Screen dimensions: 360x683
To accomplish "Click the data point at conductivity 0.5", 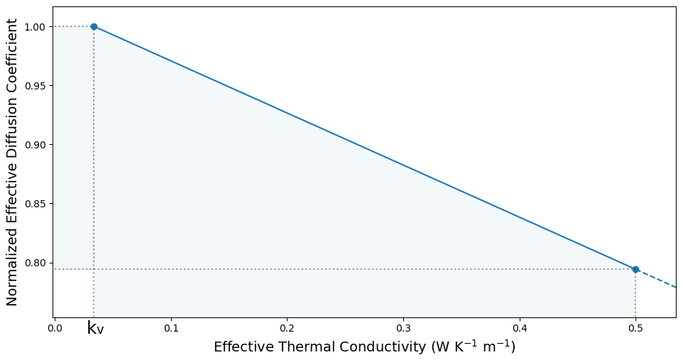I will click(635, 269).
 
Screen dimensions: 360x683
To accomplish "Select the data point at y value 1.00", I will click(94, 27).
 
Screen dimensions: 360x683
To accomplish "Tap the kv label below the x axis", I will click(95, 329).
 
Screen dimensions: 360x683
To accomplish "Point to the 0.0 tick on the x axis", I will click(55, 328).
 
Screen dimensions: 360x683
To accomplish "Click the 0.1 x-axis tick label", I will click(171, 328).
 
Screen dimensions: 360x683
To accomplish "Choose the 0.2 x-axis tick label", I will click(287, 328).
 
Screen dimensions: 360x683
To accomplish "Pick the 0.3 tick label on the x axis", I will click(403, 328).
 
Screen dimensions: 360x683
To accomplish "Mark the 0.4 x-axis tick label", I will click(519, 328).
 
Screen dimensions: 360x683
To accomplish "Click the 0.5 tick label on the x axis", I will click(635, 328).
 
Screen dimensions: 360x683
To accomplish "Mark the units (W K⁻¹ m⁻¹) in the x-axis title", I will click(470, 347).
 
